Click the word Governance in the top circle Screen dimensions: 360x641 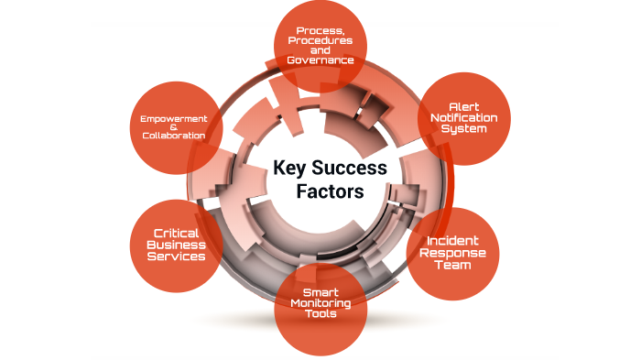[320, 60]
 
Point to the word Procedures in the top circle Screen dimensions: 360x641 [320, 41]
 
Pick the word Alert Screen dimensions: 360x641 [463, 108]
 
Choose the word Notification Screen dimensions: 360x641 [463, 119]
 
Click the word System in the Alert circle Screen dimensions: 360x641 [463, 129]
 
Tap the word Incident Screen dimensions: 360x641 [451, 242]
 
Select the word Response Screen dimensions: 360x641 [451, 254]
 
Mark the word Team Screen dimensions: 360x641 [451, 266]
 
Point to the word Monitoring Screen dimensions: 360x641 [321, 304]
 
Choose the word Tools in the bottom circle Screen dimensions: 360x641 [321, 314]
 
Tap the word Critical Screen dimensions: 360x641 [179, 234]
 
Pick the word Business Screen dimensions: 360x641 [179, 245]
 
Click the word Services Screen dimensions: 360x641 [179, 256]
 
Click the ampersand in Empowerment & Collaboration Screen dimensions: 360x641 [173, 127]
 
